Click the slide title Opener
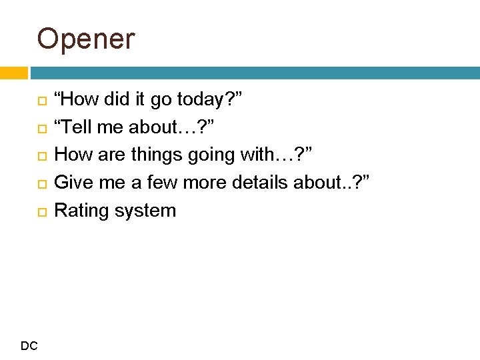(85, 39)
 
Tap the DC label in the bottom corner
(29, 345)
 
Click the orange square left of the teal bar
(13, 73)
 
